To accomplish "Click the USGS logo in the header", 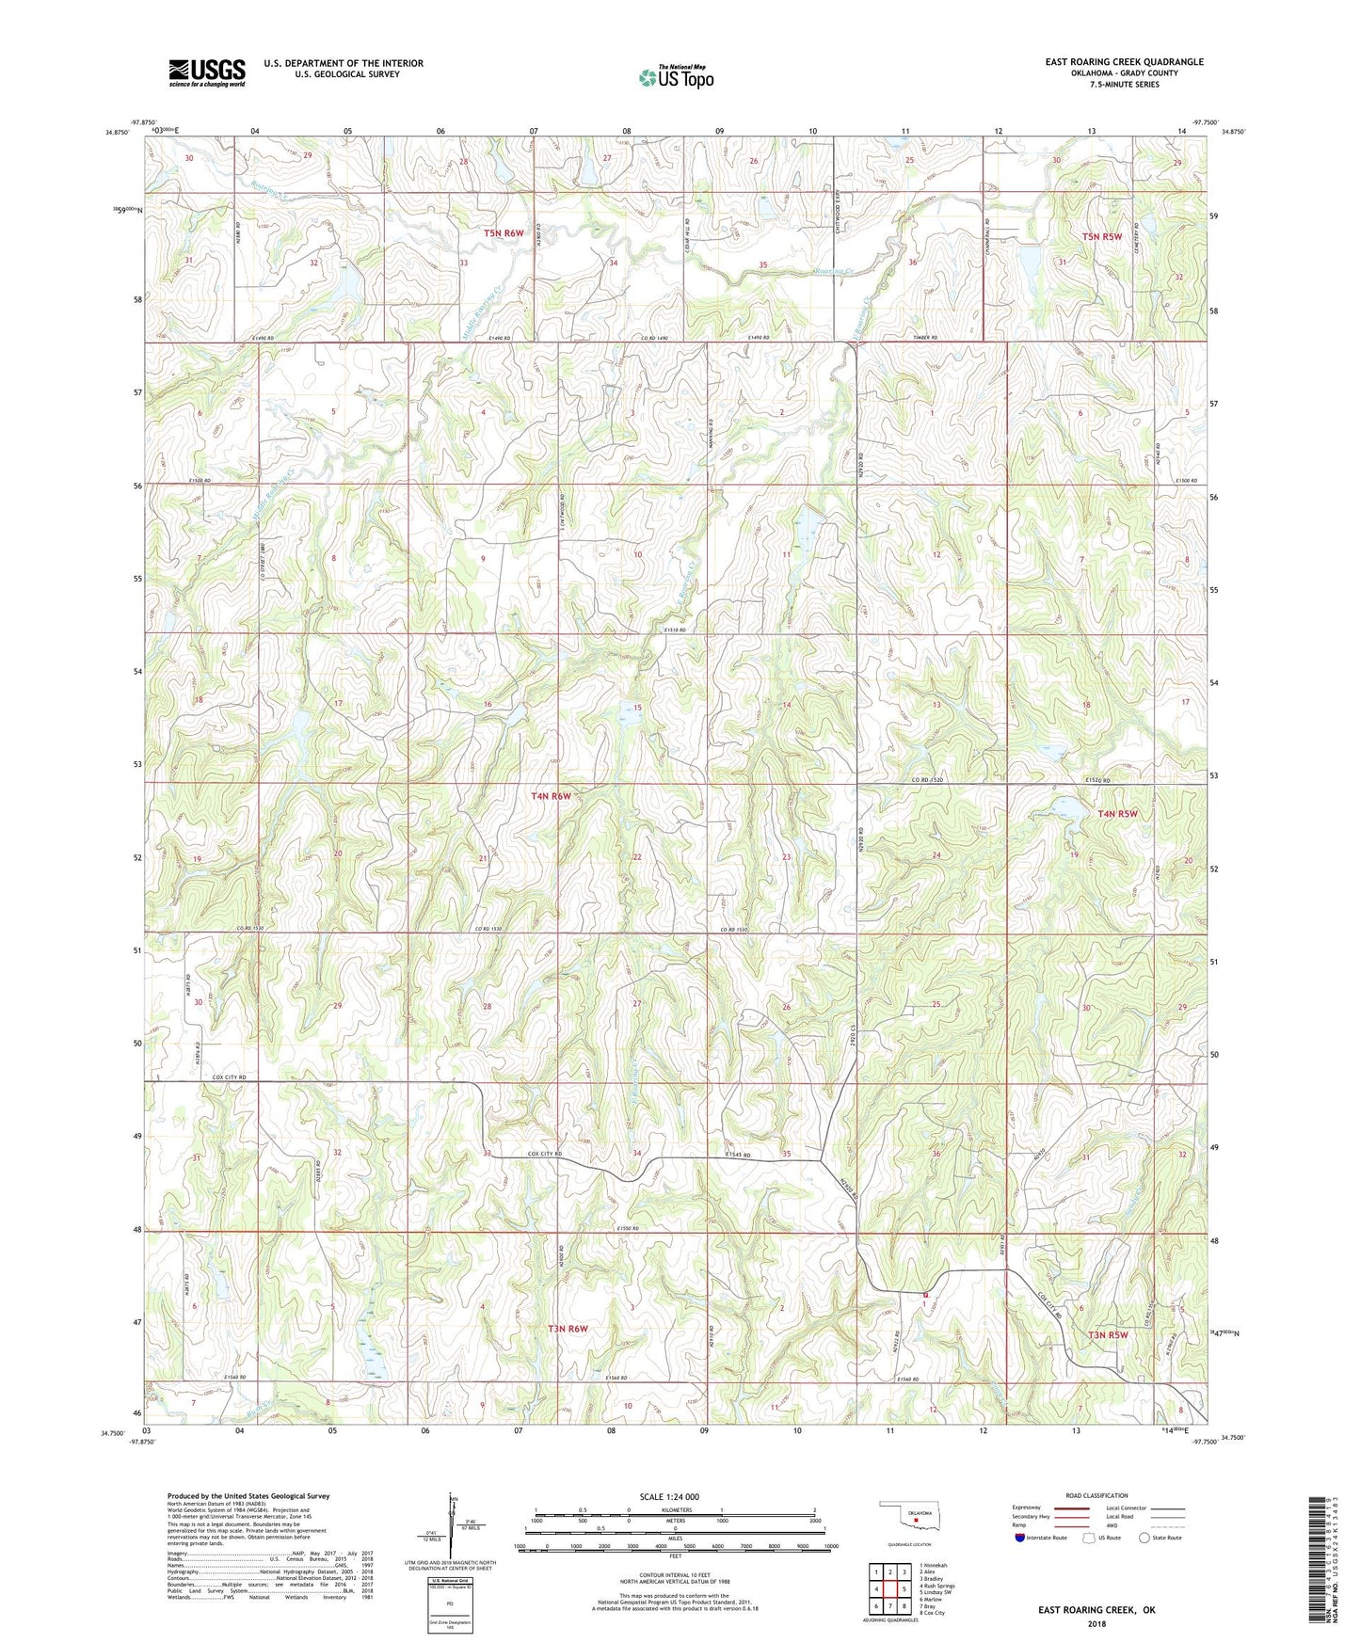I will point(206,72).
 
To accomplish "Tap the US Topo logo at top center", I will point(676,76).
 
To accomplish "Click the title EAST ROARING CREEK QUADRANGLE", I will point(1124,62).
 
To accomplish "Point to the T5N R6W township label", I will point(503,232).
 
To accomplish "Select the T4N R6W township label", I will point(551,796).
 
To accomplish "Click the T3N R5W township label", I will point(1108,1334).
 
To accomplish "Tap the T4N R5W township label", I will point(1124,814).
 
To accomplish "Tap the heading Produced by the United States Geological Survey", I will point(248,1496).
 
